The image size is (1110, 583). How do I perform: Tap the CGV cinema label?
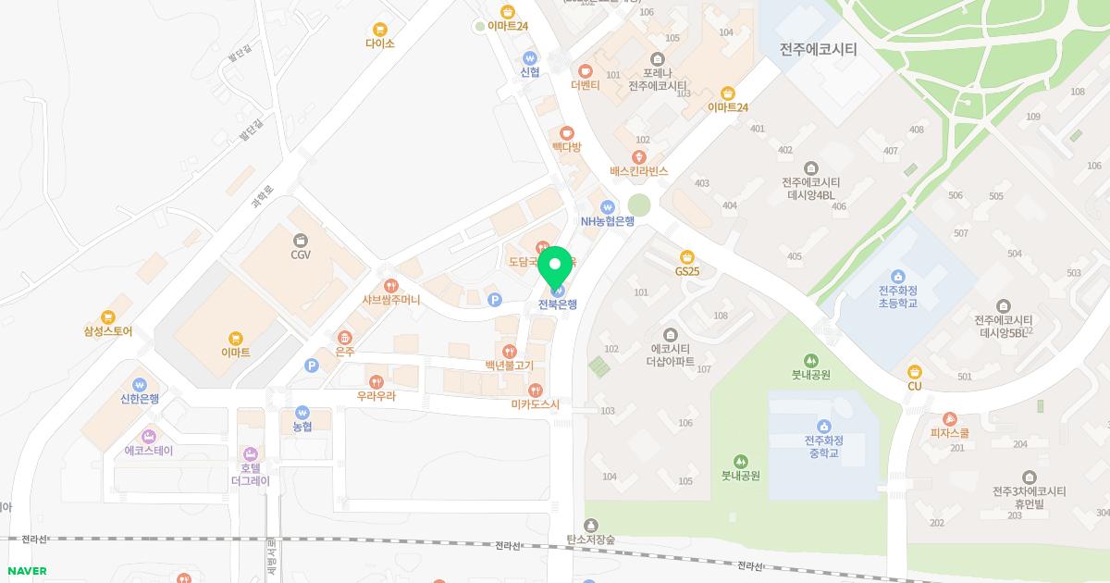[x=300, y=254]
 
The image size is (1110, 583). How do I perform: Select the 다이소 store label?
[x=379, y=43]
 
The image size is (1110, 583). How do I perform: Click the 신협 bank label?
[x=530, y=72]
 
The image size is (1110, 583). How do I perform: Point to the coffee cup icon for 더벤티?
[x=586, y=71]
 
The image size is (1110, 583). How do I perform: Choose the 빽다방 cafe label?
[x=566, y=147]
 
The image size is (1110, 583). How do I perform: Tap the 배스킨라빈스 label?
[x=638, y=171]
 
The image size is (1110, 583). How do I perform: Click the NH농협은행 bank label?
[x=607, y=221]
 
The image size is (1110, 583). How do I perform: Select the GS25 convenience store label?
[x=686, y=271]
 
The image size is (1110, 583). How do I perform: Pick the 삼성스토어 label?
[x=108, y=331]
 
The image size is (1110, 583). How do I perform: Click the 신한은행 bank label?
[x=140, y=399]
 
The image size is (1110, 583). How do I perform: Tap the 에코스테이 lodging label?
[x=149, y=451]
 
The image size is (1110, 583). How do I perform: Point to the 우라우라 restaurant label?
[x=376, y=396]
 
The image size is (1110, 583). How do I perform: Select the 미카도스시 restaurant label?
[x=536, y=404]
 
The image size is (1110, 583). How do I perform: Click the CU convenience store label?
[x=915, y=386]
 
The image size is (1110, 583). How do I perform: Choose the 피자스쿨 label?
[x=949, y=432]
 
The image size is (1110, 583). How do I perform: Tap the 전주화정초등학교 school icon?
[x=897, y=276]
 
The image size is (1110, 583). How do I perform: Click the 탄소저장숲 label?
[x=590, y=539]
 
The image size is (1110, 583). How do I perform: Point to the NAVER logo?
[x=26, y=571]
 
